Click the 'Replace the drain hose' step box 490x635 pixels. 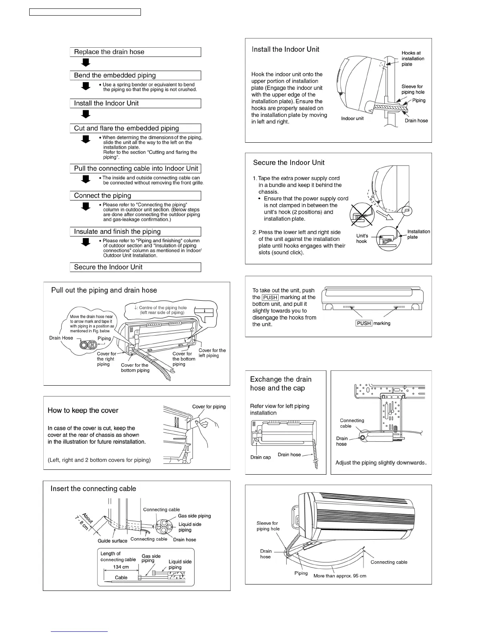[x=135, y=52]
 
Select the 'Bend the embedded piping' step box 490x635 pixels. [x=135, y=75]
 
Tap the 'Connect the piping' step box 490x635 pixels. [x=135, y=196]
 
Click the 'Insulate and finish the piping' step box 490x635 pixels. [x=135, y=232]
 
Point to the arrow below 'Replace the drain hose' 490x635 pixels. [x=86, y=63]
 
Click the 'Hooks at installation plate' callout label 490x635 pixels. [x=412, y=59]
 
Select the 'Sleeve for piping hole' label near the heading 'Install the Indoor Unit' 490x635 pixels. [x=413, y=89]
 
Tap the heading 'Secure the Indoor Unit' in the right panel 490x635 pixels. [x=289, y=163]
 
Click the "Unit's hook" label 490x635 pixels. [x=362, y=239]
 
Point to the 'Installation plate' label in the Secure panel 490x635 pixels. [x=418, y=235]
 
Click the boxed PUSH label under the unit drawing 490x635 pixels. [x=364, y=324]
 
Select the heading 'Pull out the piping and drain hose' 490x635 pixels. [x=104, y=290]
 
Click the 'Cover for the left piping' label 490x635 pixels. [x=212, y=353]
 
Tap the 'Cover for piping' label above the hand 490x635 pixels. [x=209, y=407]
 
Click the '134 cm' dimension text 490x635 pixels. [x=121, y=567]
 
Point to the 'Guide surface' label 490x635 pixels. [x=112, y=541]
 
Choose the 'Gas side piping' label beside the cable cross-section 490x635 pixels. [x=194, y=516]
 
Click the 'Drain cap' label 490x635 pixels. [x=261, y=457]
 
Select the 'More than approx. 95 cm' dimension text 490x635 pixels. [x=339, y=576]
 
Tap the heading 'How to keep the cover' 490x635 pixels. [x=83, y=411]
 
